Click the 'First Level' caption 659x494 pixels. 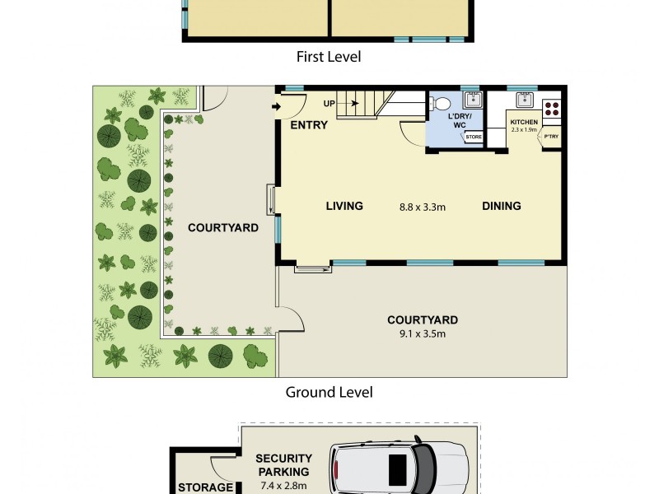click(x=329, y=57)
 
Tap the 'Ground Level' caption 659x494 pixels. click(x=329, y=392)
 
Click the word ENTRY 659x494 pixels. click(x=309, y=125)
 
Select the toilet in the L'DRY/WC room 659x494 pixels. click(x=441, y=104)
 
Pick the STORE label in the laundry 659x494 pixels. click(x=474, y=137)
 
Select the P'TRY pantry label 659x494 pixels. click(x=549, y=137)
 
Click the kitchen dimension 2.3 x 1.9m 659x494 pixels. click(x=524, y=129)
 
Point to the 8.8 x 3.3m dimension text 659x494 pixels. click(x=422, y=207)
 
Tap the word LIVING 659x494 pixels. click(x=344, y=206)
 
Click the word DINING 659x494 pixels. click(x=501, y=206)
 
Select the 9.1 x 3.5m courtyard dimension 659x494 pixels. click(x=422, y=333)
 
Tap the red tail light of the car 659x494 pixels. click(x=336, y=470)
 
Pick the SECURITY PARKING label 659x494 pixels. click(x=283, y=465)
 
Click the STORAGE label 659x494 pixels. click(x=206, y=487)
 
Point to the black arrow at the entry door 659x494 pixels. click(x=274, y=106)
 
